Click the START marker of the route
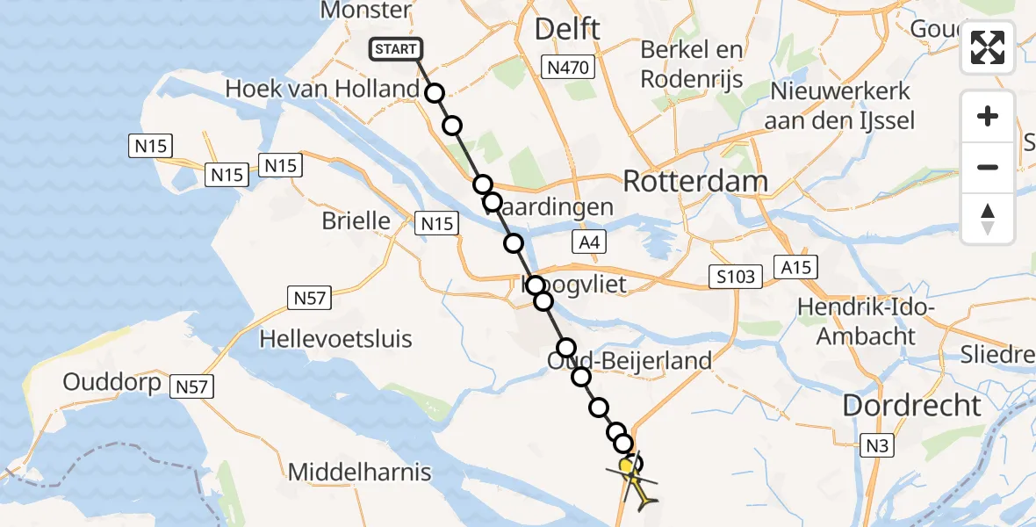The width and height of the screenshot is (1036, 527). point(396,49)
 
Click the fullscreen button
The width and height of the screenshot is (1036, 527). point(988,47)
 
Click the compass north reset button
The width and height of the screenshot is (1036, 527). point(988,219)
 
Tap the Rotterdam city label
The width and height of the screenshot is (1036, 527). point(695,182)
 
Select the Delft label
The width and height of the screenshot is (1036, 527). point(568,29)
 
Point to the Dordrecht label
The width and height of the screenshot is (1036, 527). point(912,406)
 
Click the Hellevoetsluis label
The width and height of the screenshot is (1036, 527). point(336,338)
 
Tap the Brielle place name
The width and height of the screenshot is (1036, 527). point(356,220)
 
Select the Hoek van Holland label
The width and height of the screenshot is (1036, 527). point(322,89)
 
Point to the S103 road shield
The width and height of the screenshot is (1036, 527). point(734,278)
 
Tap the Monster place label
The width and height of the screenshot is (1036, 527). point(366,11)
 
